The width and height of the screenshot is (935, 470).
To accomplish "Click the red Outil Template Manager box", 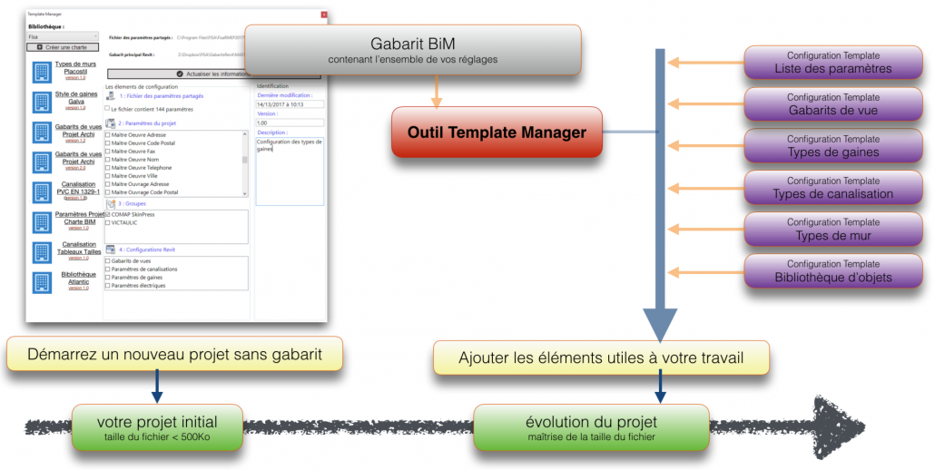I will click(x=496, y=132).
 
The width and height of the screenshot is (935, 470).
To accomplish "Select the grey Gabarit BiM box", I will click(x=412, y=50).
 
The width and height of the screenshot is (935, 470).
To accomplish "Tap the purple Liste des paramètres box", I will click(x=832, y=63).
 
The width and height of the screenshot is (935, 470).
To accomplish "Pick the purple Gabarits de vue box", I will click(x=832, y=104).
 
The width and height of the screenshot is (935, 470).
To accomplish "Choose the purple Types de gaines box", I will click(x=832, y=146).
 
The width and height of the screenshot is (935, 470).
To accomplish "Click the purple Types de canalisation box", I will click(x=832, y=188).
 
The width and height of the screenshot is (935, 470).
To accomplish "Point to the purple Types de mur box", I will click(x=832, y=230).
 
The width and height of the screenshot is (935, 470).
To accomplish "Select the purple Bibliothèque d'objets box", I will click(x=832, y=271).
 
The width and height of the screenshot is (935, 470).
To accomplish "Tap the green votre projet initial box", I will click(x=158, y=428).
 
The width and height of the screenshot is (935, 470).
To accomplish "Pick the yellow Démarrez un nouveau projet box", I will click(x=174, y=354).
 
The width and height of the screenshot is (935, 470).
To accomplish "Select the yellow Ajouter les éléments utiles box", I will click(x=601, y=357).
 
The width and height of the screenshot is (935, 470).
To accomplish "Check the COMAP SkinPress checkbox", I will click(x=108, y=215).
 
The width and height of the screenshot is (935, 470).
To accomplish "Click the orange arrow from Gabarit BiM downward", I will click(x=437, y=91).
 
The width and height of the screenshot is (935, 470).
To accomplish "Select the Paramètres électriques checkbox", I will click(x=108, y=286).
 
